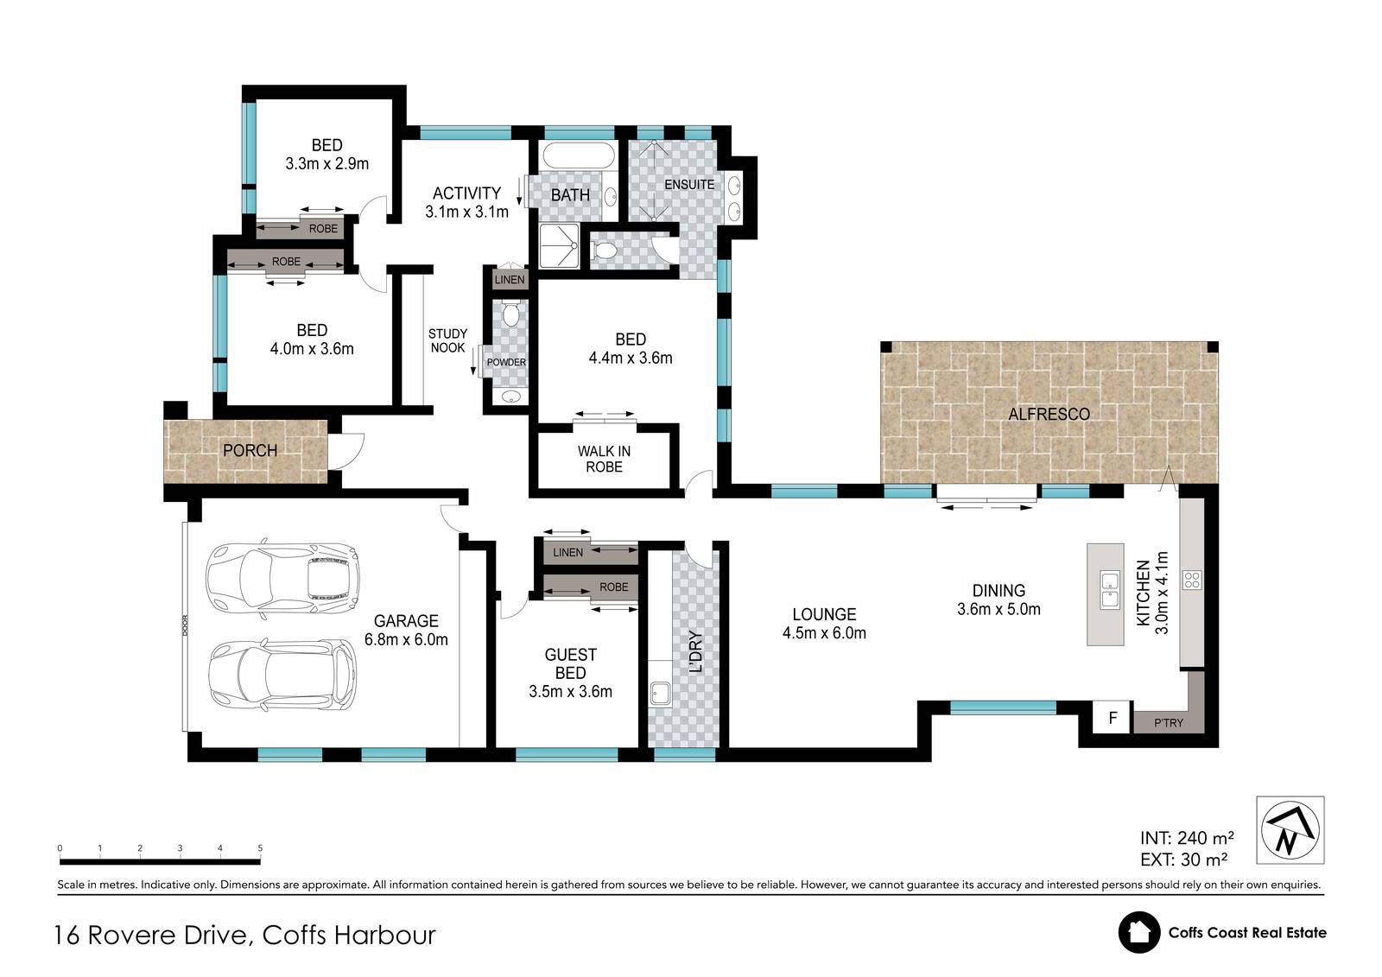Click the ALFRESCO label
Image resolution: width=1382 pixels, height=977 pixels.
coord(1049,414)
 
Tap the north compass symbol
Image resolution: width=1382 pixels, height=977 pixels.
coord(1290,830)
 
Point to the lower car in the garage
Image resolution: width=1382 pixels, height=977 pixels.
coord(282,675)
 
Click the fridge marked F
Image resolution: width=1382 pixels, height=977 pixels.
coord(1113,718)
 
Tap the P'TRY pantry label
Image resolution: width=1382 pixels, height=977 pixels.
coord(1169,723)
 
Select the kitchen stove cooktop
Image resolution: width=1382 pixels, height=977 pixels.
coord(1192,580)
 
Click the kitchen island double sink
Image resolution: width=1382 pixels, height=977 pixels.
coord(1110,590)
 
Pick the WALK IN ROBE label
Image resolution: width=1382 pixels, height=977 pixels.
coord(604,460)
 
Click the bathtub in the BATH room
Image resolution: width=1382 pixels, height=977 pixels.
coord(579,155)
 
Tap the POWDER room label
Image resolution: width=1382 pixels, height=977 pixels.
coord(506,362)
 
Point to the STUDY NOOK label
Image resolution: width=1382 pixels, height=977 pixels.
coord(448,340)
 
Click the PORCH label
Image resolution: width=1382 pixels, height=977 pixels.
coord(250,451)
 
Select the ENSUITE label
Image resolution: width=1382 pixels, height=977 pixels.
coord(689,185)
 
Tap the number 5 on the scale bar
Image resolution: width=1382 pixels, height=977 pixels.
coord(260,848)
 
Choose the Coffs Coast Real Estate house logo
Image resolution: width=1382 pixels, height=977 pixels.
coord(1139,933)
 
